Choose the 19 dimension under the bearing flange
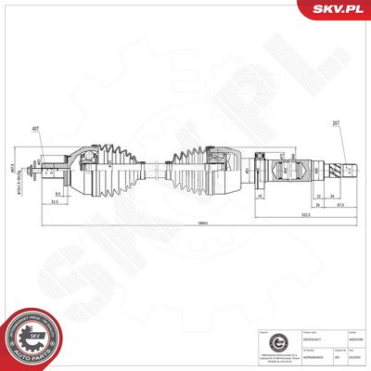click(x=262, y=196)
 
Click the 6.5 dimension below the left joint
click(x=57, y=192)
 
